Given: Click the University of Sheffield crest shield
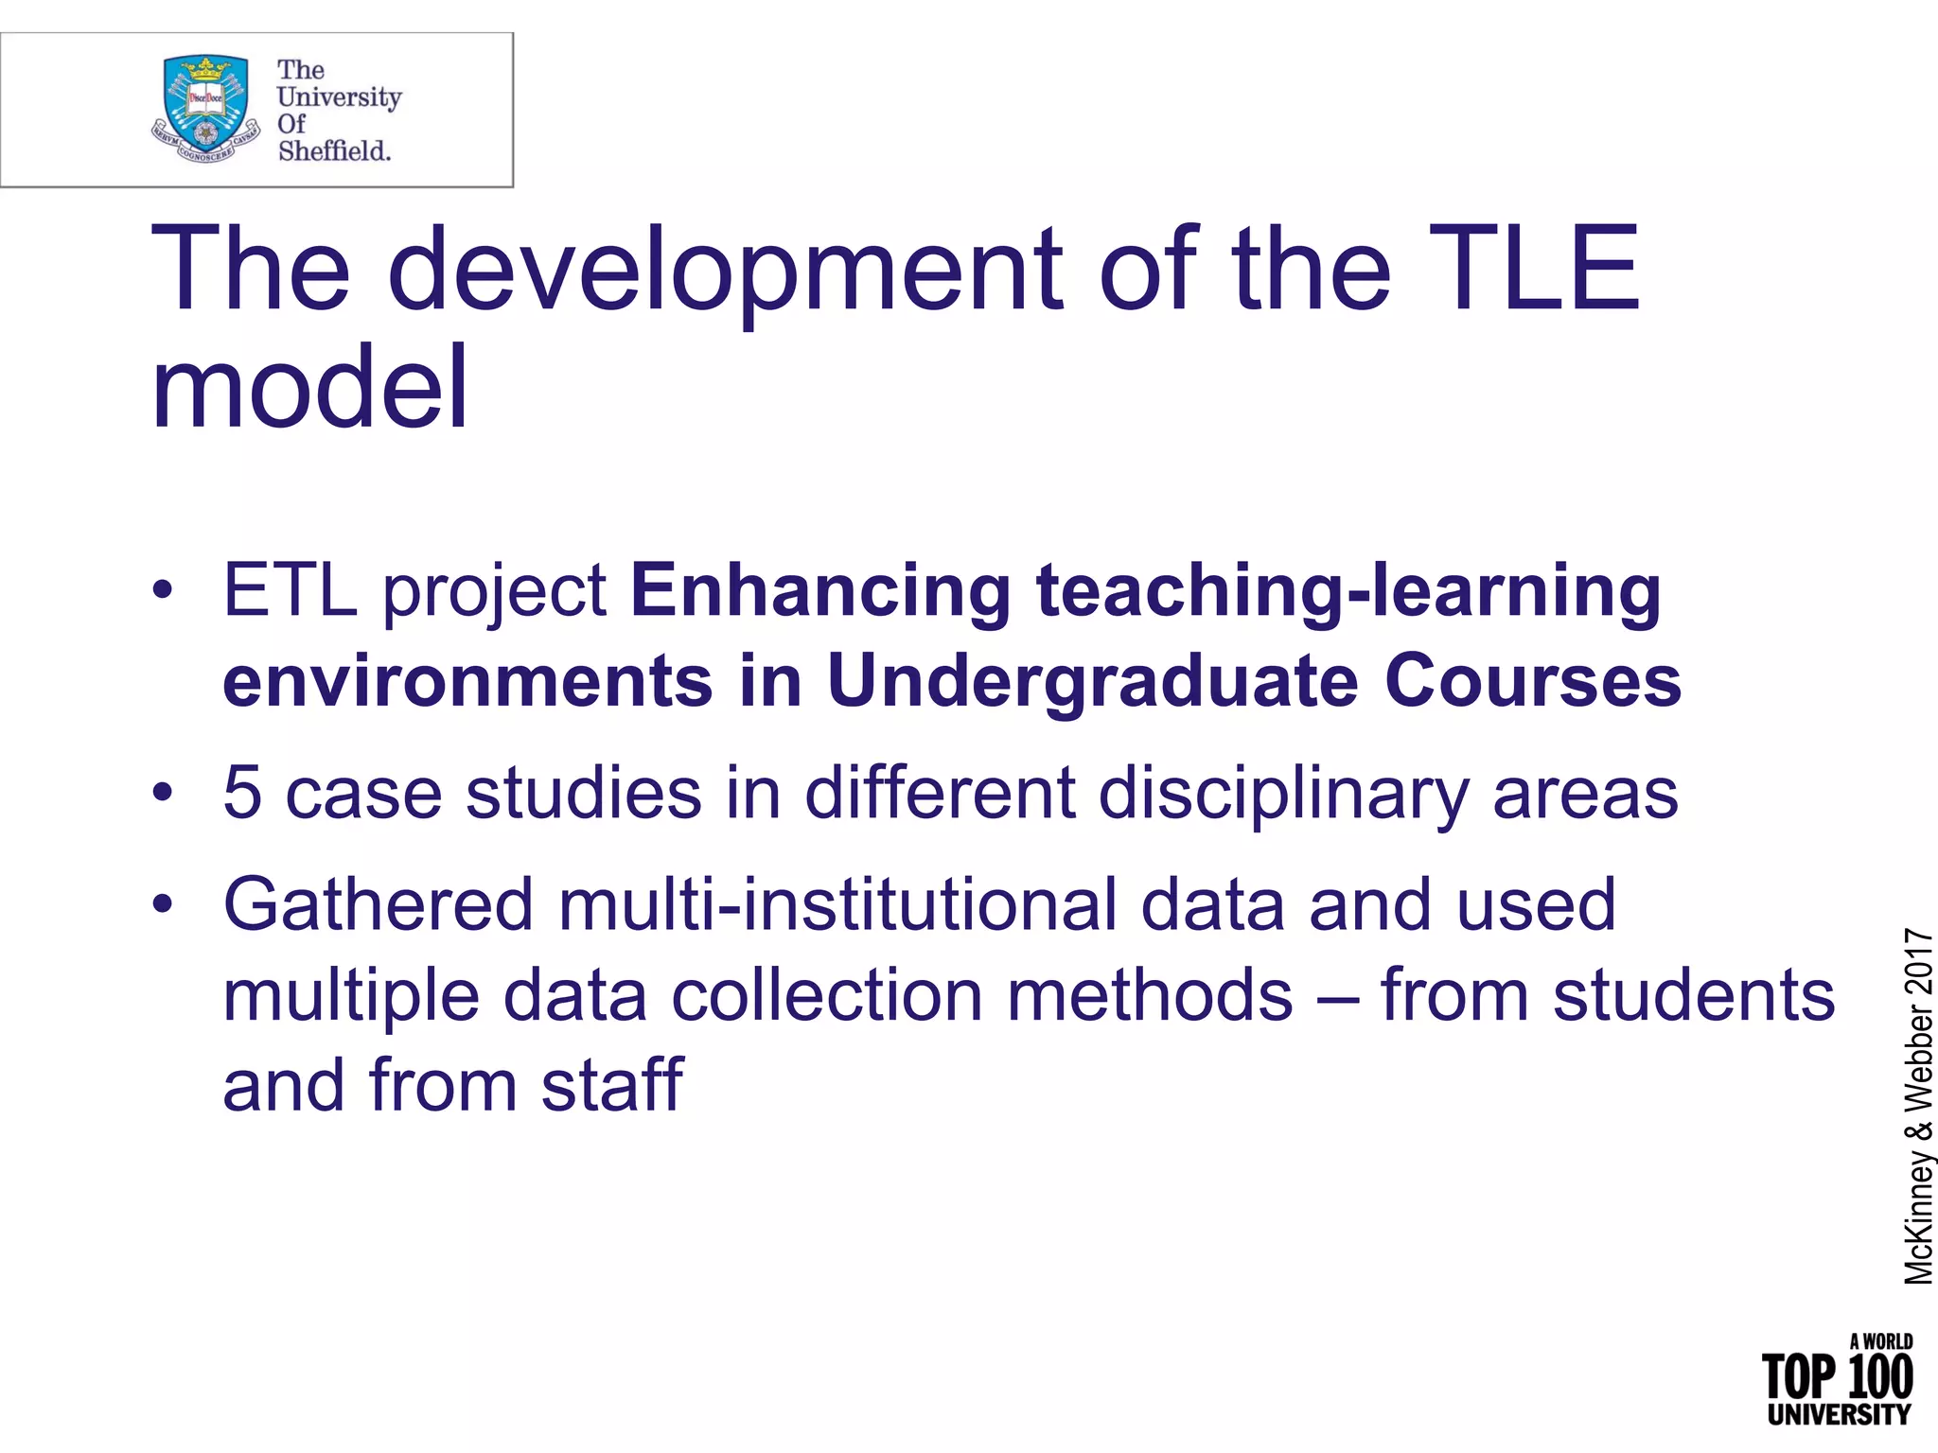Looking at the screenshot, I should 206,105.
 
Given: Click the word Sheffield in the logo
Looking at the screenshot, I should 334,150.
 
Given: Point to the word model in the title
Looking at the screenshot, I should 309,388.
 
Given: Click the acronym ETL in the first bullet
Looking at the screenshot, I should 290,590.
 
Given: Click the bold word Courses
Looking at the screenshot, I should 1533,681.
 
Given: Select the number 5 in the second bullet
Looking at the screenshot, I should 242,793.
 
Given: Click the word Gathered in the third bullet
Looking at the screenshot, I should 379,904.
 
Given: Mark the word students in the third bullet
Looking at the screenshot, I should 1693,995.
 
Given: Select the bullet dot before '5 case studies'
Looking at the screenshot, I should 163,793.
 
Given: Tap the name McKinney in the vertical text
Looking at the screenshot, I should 1919,1219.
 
